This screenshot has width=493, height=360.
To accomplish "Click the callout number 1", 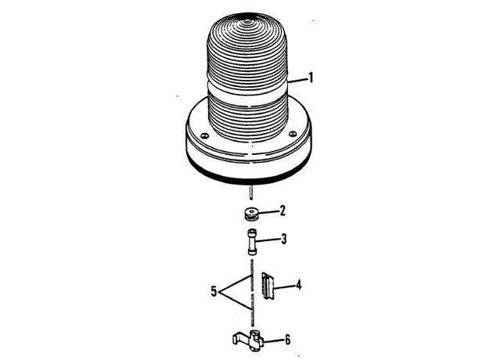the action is (311, 78).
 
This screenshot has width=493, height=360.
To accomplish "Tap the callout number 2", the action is (282, 211).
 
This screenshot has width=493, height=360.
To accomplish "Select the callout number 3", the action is (283, 239).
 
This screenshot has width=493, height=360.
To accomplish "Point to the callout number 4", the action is (298, 285).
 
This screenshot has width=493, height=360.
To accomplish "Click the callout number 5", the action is (214, 292).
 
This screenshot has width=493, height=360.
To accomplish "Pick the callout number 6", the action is (287, 340).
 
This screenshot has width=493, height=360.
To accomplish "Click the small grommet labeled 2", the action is (251, 214).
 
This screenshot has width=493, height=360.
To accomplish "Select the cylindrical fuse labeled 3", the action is (252, 242).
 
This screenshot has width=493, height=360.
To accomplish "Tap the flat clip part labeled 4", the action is (268, 286).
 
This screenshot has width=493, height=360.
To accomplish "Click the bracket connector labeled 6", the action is (248, 340).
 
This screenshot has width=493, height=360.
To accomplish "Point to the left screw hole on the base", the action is (205, 136).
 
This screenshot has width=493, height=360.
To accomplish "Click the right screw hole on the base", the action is (293, 134).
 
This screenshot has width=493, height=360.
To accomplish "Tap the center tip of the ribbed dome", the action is (247, 22).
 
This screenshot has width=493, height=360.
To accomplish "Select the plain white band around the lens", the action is (247, 90).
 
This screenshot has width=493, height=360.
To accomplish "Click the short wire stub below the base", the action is (251, 193).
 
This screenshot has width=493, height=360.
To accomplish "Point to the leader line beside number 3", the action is (267, 241).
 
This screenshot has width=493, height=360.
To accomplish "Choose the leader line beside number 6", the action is (273, 340).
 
